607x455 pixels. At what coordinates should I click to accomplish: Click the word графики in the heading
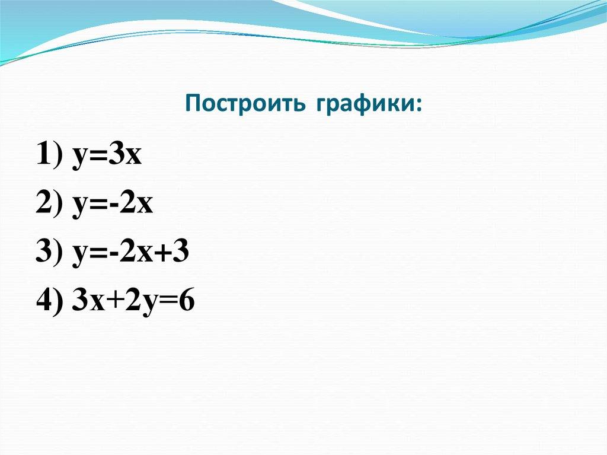pos(362,105)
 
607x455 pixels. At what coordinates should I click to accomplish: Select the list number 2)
pos(51,205)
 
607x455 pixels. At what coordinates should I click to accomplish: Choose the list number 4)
pos(51,303)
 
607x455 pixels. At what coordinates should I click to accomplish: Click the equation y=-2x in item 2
pos(113,205)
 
